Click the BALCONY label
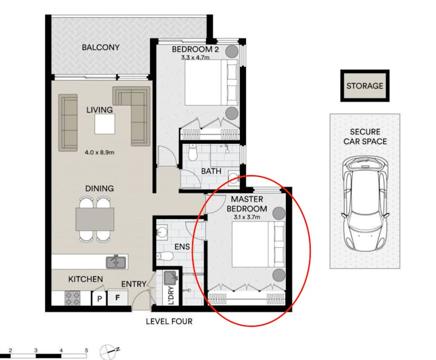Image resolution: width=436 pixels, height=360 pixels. coord(100,47)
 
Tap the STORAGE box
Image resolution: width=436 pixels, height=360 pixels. coord(364,86)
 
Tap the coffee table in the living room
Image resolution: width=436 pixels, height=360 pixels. coord(105,124)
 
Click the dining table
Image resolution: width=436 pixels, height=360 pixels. coord(95,219)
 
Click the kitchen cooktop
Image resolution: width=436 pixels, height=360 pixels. coord(72,298)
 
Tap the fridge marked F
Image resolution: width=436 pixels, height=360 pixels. coord(117,298)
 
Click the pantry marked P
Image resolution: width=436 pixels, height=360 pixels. coord(98,298)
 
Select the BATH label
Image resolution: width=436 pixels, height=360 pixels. coord(211,172)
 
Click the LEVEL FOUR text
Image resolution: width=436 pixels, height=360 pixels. coord(169,321)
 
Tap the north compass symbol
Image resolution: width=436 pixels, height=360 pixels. coord(109,349)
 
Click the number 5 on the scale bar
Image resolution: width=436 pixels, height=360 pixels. coord(86,349)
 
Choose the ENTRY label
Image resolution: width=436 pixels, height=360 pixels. coord(134,284)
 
